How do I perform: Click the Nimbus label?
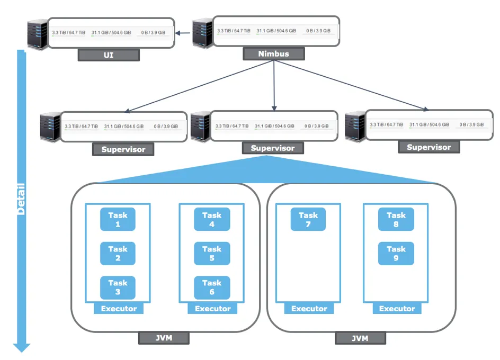pyautogui.click(x=273, y=54)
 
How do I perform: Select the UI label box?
pyautogui.click(x=109, y=55)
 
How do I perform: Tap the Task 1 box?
pyautogui.click(x=118, y=219)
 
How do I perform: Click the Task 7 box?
pyautogui.click(x=308, y=219)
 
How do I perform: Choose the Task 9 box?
pyautogui.click(x=396, y=254)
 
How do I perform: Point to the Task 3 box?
pyautogui.click(x=118, y=287)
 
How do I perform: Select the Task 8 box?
pyautogui.click(x=396, y=219)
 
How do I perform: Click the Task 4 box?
pyautogui.click(x=212, y=219)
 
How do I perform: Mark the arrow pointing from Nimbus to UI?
pyautogui.click(x=183, y=33)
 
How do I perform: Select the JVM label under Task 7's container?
pyautogui.click(x=360, y=338)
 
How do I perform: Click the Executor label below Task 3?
pyautogui.click(x=119, y=309)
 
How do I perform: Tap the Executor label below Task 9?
pyautogui.click(x=397, y=309)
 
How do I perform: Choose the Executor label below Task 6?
pyautogui.click(x=213, y=309)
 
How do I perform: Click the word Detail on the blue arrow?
pyautogui.click(x=21, y=199)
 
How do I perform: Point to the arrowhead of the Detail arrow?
pyautogui.click(x=22, y=347)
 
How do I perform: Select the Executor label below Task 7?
pyautogui.click(x=309, y=309)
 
